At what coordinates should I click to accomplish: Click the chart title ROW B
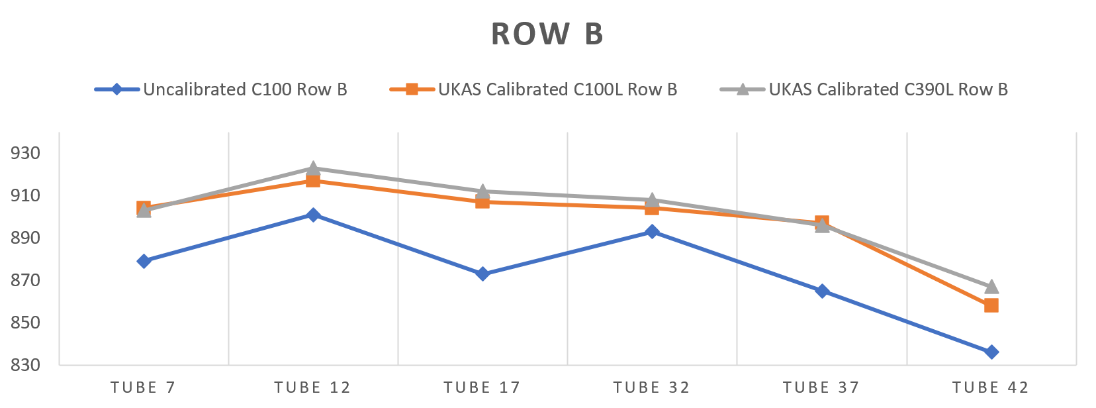click(547, 34)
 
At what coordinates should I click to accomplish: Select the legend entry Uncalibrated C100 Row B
click(245, 89)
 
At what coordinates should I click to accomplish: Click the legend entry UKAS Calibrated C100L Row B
click(557, 89)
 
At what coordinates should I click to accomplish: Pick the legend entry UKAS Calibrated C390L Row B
click(888, 89)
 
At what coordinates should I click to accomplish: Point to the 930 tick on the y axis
click(25, 153)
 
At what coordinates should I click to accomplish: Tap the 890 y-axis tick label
click(25, 238)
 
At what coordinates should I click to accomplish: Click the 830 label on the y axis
click(25, 365)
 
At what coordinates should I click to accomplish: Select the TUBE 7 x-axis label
click(143, 387)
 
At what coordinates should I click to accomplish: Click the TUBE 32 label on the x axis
click(651, 387)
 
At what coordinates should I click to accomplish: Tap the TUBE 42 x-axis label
click(990, 387)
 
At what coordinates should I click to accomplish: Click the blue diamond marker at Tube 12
click(313, 215)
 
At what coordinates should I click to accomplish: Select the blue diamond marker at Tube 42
click(991, 352)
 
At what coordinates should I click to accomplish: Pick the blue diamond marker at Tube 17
click(482, 274)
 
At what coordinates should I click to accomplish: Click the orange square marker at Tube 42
click(991, 305)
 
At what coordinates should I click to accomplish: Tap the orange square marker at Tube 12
click(313, 181)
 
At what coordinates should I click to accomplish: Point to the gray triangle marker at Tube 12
click(313, 168)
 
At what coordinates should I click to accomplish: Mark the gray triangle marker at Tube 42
click(991, 287)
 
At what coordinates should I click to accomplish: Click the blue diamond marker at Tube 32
click(652, 231)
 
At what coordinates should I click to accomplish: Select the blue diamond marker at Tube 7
click(144, 261)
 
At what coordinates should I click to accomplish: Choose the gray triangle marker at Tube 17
click(482, 191)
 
